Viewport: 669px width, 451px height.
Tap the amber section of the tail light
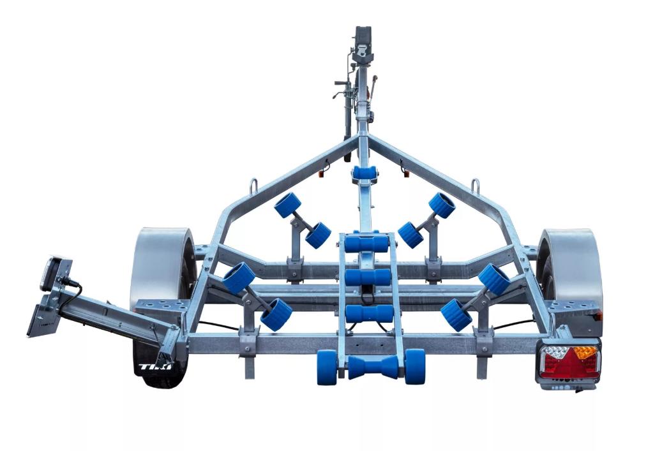[584, 353]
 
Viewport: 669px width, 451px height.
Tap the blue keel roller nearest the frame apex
[365, 174]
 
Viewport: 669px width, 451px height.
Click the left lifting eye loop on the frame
[253, 186]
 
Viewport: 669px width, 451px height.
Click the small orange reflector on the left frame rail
[322, 175]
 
